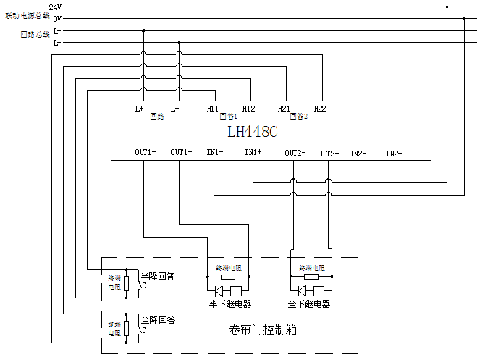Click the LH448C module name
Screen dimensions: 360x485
(253, 133)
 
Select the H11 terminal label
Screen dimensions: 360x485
(212, 109)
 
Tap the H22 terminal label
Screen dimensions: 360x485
(320, 109)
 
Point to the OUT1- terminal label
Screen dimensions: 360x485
(145, 153)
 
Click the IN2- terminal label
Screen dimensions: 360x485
(358, 154)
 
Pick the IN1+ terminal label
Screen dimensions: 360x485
(253, 153)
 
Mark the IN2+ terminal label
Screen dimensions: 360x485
(393, 154)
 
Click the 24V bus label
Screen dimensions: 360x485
(55, 7)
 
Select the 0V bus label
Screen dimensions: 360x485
(56, 18)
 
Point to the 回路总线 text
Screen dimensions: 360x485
(35, 34)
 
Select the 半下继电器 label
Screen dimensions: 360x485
(229, 304)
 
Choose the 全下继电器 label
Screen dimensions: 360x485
(309, 304)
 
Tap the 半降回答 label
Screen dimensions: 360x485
(157, 276)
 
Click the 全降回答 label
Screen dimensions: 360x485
(157, 319)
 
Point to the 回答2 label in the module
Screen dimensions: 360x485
(299, 116)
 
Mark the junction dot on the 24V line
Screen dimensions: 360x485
(447, 7)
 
